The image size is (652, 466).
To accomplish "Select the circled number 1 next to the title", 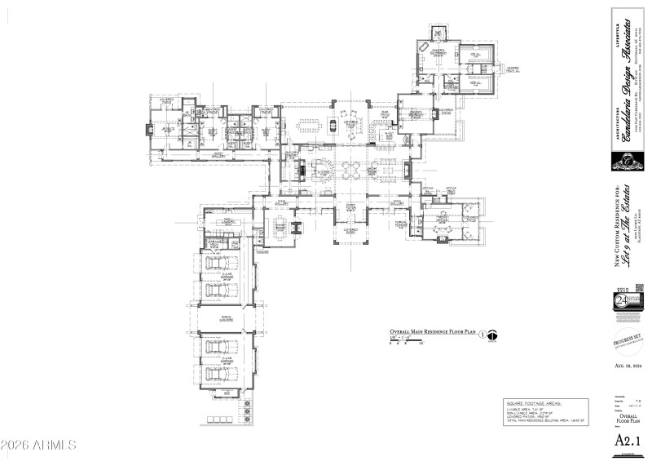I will pos(481,334).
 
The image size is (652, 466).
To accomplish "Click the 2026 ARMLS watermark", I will pos(38,446).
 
